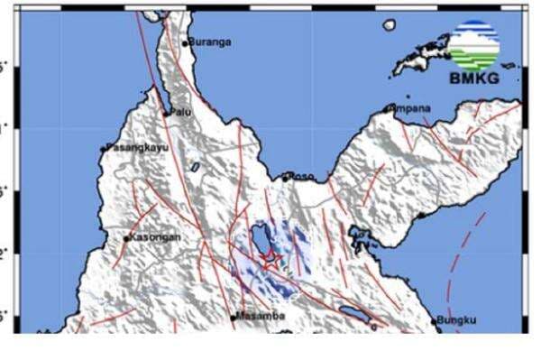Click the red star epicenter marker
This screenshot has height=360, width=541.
coord(270,260)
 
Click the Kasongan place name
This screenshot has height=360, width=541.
coord(156,237)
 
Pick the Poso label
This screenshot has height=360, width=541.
coord(301,176)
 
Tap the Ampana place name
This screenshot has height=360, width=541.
coord(411,108)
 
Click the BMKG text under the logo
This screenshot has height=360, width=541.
coord(474,78)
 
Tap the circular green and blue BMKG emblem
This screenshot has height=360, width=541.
coord(474,44)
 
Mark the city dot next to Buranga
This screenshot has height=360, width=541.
coord(186,42)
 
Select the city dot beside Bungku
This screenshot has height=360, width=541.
coord(435,321)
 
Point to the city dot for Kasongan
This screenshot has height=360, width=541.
coord(126,238)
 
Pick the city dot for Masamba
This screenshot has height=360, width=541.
coord(234,317)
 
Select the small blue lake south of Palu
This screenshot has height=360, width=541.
coord(194,167)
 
